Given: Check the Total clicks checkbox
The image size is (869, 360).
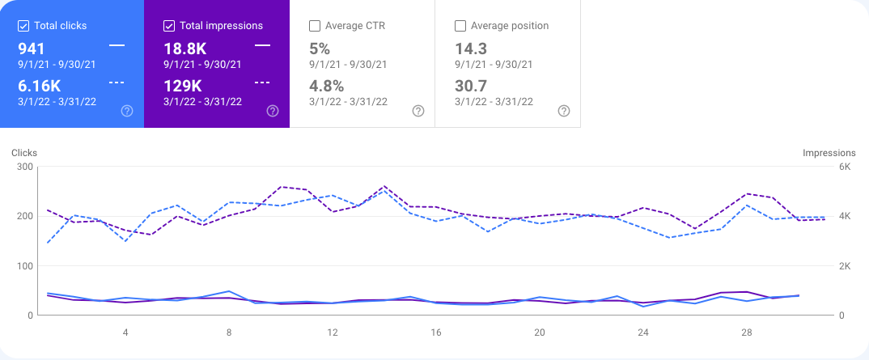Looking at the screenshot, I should point(24,26).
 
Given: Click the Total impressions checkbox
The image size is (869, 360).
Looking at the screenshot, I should point(170,26).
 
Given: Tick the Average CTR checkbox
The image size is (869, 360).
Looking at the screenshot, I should point(316,26).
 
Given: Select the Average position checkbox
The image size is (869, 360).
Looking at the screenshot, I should point(461,26).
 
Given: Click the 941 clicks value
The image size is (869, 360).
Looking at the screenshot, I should point(32,49).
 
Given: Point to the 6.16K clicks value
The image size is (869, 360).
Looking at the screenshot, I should point(40,86).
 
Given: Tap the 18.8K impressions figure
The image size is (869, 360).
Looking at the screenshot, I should point(185,49).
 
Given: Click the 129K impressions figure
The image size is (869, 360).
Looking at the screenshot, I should point(181,86).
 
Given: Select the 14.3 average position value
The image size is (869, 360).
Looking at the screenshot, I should point(470,49).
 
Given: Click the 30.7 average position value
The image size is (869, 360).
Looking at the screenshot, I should point(471,86).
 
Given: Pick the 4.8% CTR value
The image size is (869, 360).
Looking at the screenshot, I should point(327,86).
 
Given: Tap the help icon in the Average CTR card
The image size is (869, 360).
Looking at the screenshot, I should point(418,111).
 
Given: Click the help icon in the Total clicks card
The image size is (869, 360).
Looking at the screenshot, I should point(127,111).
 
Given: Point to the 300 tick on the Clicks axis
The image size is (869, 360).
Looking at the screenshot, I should point(23,167).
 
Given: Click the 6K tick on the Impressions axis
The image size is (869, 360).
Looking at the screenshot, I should point(844,167).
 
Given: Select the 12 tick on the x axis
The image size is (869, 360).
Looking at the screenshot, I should point(333,332).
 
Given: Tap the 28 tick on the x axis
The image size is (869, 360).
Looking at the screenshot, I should point(747,332).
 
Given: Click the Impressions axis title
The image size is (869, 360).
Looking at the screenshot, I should point(829,153).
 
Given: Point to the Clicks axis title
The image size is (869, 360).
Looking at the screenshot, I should point(24,153).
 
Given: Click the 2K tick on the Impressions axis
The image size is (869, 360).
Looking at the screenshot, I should point(844,266).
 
